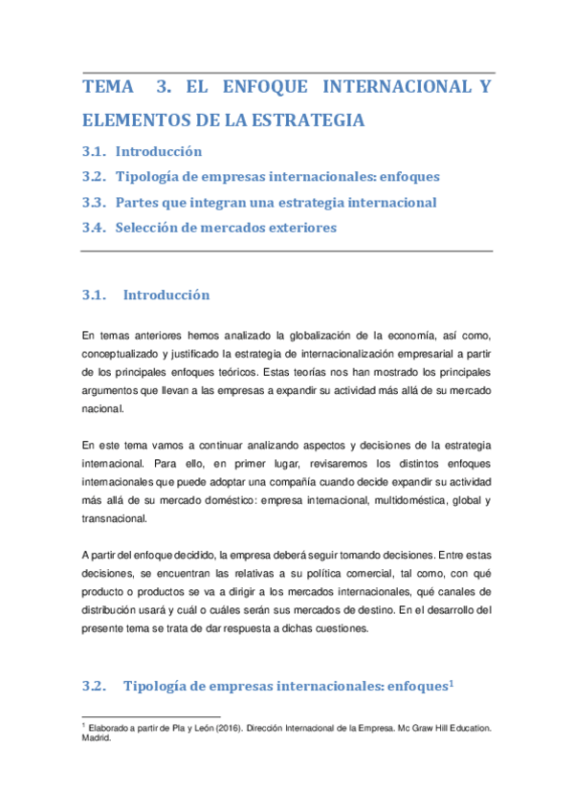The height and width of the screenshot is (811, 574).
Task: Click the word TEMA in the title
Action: point(109,88)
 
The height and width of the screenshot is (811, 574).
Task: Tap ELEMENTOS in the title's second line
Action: point(137,121)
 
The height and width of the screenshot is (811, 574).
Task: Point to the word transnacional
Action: point(115,518)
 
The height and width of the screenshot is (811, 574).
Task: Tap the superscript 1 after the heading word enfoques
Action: point(450,682)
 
